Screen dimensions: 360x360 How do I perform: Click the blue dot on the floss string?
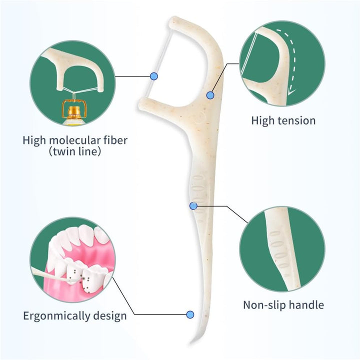[154, 76]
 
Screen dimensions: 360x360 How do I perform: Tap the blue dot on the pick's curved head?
[210, 95]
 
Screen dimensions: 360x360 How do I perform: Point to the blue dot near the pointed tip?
[190, 314]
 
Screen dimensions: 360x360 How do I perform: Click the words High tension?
[283, 120]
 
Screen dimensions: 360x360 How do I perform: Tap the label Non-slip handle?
[283, 304]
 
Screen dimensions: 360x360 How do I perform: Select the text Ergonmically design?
[74, 315]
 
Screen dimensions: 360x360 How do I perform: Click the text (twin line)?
[74, 151]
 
